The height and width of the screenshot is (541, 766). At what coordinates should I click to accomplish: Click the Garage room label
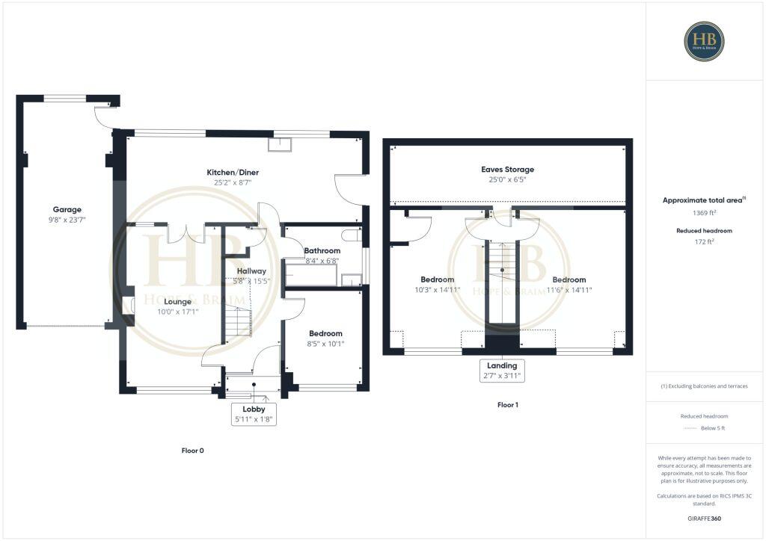click(x=67, y=209)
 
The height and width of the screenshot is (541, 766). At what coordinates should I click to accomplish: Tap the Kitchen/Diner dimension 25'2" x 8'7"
click(x=233, y=182)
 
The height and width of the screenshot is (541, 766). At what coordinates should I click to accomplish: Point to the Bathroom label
click(x=322, y=250)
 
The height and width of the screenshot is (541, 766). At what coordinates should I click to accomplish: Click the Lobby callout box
click(x=254, y=414)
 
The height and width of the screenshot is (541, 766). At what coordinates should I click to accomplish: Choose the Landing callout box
click(x=502, y=371)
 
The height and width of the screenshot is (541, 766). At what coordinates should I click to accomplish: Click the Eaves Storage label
click(x=507, y=170)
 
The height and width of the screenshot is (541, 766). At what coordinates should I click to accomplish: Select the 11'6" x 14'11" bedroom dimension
click(x=569, y=290)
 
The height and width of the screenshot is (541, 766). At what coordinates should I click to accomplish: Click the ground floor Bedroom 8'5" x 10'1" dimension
click(x=325, y=344)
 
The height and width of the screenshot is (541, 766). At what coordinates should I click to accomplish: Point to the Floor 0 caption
click(x=192, y=451)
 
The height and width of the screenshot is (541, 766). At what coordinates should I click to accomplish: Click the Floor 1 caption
click(x=507, y=405)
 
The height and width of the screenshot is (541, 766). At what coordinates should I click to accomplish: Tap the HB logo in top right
click(x=704, y=41)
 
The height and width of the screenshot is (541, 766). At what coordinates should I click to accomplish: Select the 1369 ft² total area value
click(x=704, y=213)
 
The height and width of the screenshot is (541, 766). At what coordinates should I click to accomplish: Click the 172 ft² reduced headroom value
click(x=704, y=243)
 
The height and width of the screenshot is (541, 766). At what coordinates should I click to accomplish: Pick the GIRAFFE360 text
click(x=704, y=518)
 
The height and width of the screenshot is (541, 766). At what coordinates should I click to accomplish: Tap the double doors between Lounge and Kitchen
click(x=186, y=233)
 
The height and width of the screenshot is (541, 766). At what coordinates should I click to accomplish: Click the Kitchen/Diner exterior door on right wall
click(x=349, y=190)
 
